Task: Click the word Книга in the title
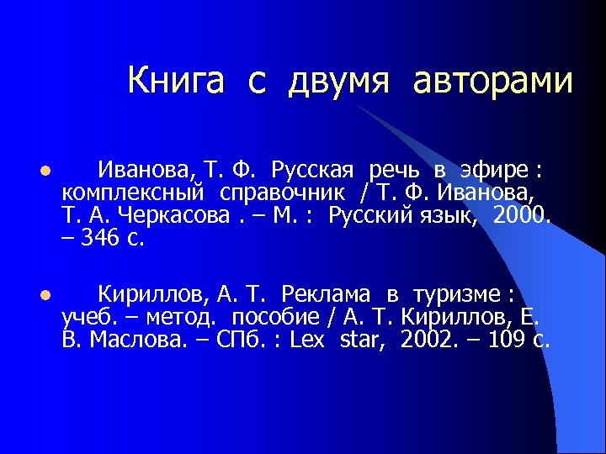[176, 81]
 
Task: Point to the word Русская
[312, 171]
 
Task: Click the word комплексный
[135, 193]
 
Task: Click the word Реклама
[327, 294]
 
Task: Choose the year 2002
[428, 339]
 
